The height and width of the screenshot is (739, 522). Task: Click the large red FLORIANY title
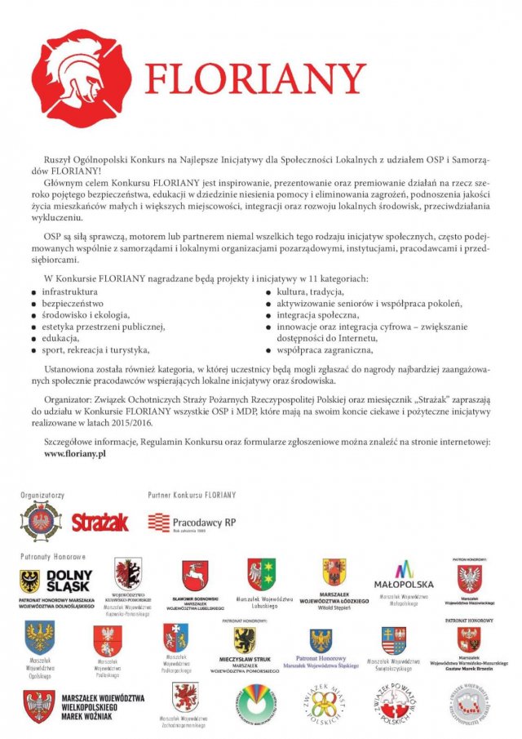coord(254,79)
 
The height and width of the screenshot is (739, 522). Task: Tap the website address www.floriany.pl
coord(76,453)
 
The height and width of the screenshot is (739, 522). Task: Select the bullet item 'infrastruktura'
coord(69,292)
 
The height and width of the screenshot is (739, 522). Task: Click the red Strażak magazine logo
coord(100,522)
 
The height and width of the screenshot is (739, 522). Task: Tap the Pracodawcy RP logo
coord(192,522)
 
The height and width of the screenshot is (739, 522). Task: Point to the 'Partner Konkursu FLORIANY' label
coord(192,495)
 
